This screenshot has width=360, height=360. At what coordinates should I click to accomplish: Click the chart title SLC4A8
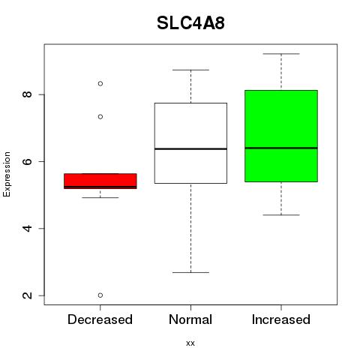[x=190, y=23]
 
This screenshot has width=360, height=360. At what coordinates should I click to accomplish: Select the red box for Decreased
[x=100, y=181]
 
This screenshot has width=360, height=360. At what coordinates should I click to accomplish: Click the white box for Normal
[x=190, y=143]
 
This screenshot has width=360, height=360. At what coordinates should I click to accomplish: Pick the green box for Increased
[x=281, y=136]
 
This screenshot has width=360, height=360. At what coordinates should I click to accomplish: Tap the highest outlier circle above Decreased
[x=100, y=83]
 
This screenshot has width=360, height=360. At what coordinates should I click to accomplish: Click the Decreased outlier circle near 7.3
[x=100, y=117]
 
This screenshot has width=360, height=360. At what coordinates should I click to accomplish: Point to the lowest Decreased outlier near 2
[x=100, y=295]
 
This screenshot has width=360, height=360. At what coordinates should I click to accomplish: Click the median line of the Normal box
[x=190, y=149]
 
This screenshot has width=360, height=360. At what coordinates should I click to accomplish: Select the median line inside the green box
[x=281, y=148]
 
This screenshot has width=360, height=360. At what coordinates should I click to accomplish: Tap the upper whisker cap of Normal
[x=190, y=70]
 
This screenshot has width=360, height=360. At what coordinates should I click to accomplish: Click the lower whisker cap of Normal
[x=190, y=272]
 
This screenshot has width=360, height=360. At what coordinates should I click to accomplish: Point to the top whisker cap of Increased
[x=281, y=54]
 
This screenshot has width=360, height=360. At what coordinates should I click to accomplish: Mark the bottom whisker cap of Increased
[x=281, y=215]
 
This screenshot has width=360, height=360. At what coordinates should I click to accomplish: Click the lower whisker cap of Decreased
[x=100, y=197]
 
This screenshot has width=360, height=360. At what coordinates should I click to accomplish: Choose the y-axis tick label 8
[x=27, y=94]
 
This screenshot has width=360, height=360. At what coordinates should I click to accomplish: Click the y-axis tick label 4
[x=27, y=228]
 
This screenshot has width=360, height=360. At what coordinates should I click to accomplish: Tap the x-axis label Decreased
[x=100, y=319]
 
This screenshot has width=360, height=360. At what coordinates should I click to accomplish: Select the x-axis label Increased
[x=281, y=319]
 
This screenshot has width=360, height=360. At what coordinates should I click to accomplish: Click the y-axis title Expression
[x=7, y=174]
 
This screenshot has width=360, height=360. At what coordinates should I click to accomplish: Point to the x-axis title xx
[x=190, y=343]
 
